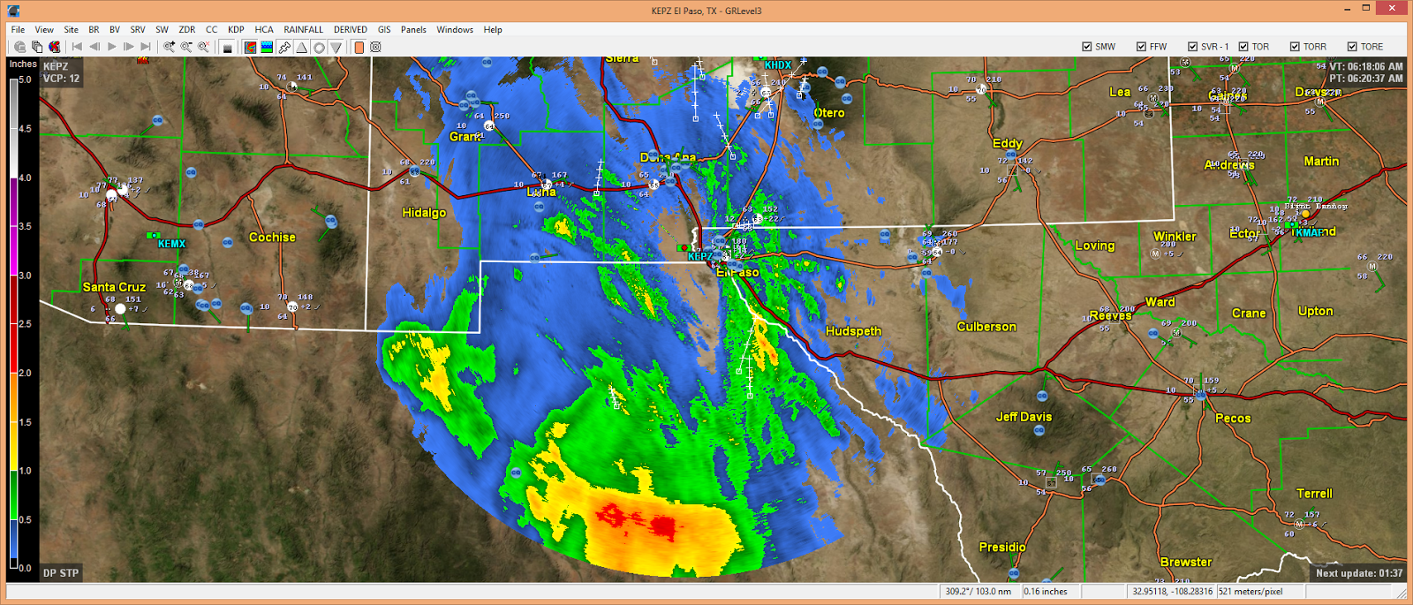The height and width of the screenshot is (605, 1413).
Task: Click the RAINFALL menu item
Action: pyautogui.click(x=303, y=29)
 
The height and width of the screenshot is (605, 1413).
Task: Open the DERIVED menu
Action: pyautogui.click(x=350, y=29)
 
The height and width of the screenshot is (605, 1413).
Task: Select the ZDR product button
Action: pyautogui.click(x=186, y=29)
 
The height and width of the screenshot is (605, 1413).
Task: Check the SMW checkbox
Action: pyautogui.click(x=1087, y=47)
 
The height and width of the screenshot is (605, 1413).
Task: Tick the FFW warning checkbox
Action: pyautogui.click(x=1141, y=47)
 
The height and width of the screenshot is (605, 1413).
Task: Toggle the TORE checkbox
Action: pyautogui.click(x=1352, y=47)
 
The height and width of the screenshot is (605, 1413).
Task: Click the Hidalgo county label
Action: pyautogui.click(x=424, y=213)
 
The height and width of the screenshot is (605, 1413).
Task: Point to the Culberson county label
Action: pyautogui.click(x=986, y=327)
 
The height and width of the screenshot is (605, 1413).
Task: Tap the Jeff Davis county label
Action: pyautogui.click(x=1024, y=417)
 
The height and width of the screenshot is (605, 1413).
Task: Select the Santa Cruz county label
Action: pyautogui.click(x=114, y=287)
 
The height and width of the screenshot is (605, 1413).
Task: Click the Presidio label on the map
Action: pyautogui.click(x=1002, y=548)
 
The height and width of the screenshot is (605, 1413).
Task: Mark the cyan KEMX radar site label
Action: pyautogui.click(x=171, y=244)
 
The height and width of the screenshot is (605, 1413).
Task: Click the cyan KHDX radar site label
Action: pyautogui.click(x=778, y=65)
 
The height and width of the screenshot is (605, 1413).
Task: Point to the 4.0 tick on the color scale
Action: pyautogui.click(x=25, y=178)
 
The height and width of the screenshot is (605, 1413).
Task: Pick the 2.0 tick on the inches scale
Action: pyautogui.click(x=25, y=374)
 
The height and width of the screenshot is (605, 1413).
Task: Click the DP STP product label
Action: pyautogui.click(x=61, y=573)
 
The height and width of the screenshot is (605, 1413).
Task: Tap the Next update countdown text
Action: pyautogui.click(x=1358, y=573)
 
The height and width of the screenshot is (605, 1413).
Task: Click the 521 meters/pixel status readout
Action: pyautogui.click(x=1251, y=592)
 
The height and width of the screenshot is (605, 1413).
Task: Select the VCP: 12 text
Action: pyautogui.click(x=61, y=79)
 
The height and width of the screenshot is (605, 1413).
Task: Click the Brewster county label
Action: pyautogui.click(x=1186, y=562)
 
